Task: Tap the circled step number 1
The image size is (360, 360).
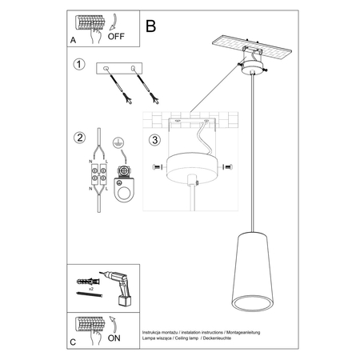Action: point(78,65)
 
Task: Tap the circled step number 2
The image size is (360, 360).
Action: point(78,137)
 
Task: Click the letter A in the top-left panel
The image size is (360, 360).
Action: point(74,38)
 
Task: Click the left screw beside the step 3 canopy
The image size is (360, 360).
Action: point(155,166)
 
